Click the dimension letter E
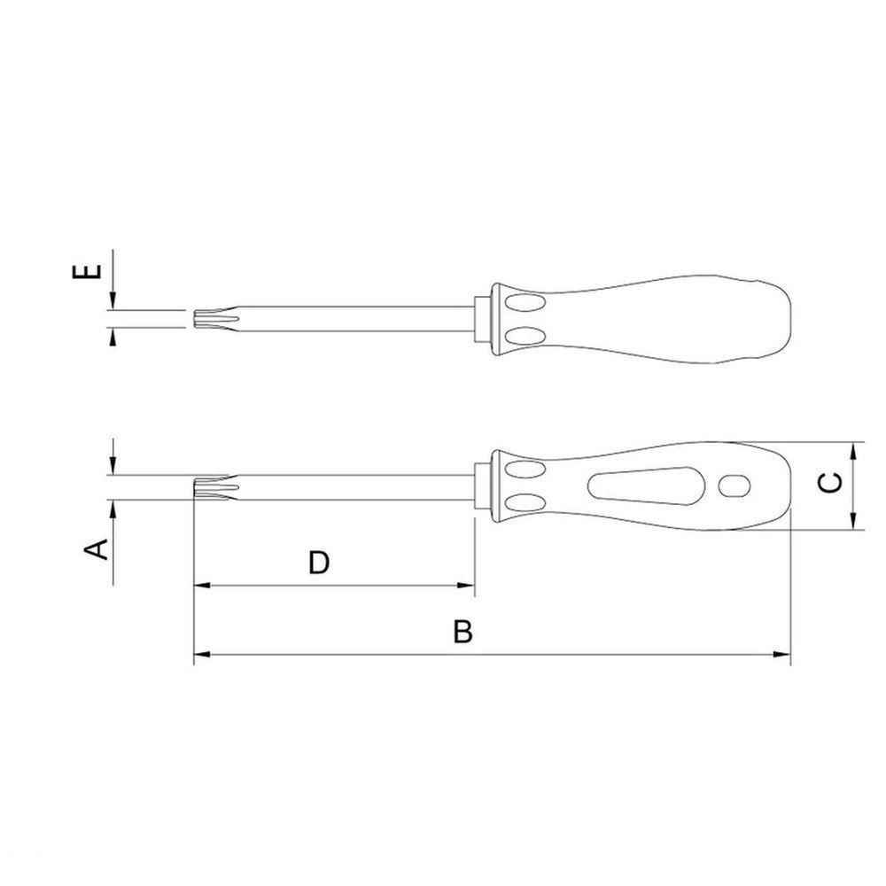click(87, 271)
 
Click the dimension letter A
click(96, 549)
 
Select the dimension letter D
click(319, 563)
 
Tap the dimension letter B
click(462, 632)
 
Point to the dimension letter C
click(831, 484)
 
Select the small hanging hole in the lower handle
click(734, 486)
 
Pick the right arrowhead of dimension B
click(782, 655)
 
